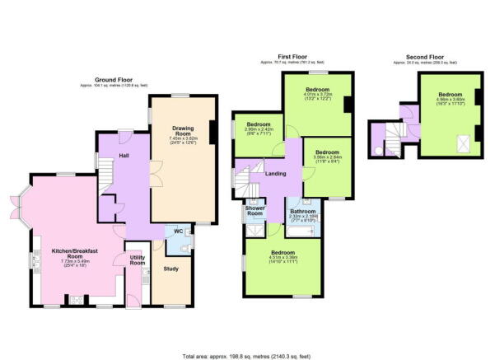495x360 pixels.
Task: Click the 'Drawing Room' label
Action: click(183, 129)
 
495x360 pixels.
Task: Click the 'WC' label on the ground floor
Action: click(178, 231)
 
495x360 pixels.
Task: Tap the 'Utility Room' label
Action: click(137, 261)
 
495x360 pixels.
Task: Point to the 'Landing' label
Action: click(276, 173)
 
